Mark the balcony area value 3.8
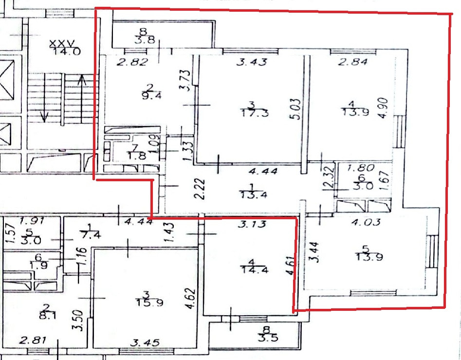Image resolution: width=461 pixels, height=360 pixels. pos(144,41)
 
